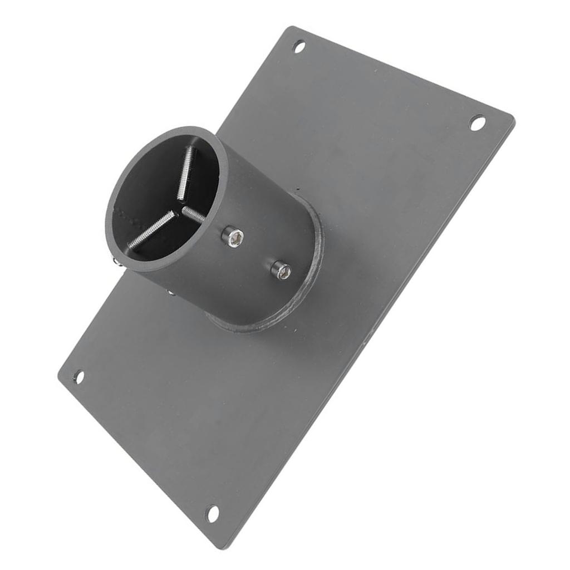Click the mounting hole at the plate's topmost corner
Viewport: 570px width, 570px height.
coord(299,47)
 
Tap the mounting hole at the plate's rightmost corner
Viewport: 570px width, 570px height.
coord(477,122)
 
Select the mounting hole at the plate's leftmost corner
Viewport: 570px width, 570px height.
coord(78,377)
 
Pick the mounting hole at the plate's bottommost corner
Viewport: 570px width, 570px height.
coord(212,513)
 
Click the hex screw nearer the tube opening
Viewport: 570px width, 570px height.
coord(232,237)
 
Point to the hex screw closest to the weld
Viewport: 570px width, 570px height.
coord(281,271)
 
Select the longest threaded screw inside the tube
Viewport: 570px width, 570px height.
coord(151,230)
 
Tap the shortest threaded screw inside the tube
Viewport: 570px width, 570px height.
coord(193,214)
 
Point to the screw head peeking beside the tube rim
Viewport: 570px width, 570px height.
coord(114,260)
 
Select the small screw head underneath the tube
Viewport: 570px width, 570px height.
coord(170,292)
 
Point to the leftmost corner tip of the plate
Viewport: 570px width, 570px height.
coord(58,377)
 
